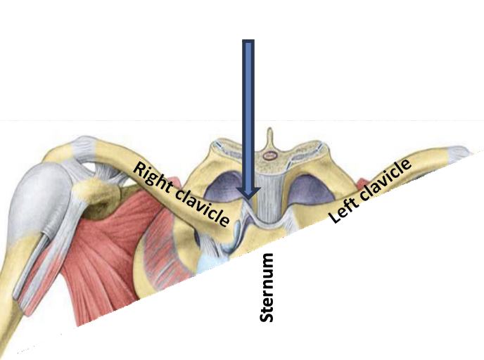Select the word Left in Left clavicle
(x=343, y=209)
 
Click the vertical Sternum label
(x=267, y=288)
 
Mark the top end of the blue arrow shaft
(x=248, y=42)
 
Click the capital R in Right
(x=140, y=169)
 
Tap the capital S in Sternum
(x=267, y=316)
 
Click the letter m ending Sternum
(x=267, y=261)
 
